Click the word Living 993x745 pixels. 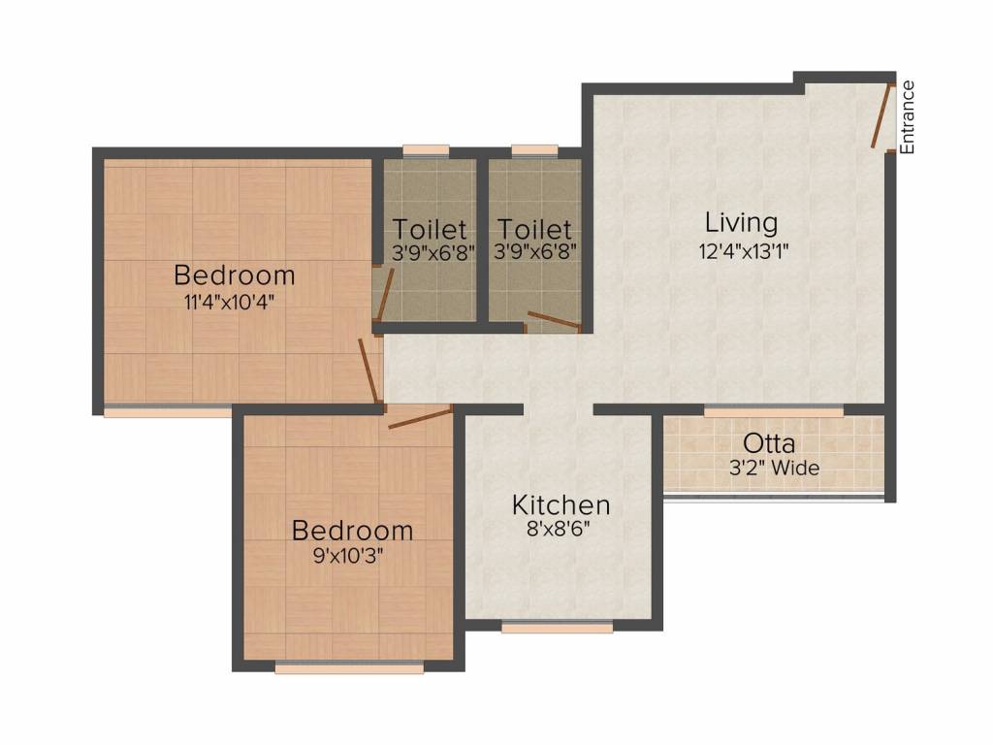tap(741, 223)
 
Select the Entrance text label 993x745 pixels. tap(907, 117)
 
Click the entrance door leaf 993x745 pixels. tap(881, 116)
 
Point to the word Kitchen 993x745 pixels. tap(561, 505)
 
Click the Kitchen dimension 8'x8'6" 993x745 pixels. tap(561, 530)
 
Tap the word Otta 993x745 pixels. tap(769, 444)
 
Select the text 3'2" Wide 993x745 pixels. tap(774, 469)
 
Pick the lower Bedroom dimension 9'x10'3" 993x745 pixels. tap(352, 556)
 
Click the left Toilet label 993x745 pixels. tap(430, 231)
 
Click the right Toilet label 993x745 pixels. tap(534, 231)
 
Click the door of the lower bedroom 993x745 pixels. tap(420, 418)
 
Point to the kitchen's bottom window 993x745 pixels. tap(557, 628)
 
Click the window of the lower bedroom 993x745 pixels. tap(349, 668)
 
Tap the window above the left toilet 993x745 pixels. tap(426, 150)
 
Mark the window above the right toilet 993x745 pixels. tap(534, 150)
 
